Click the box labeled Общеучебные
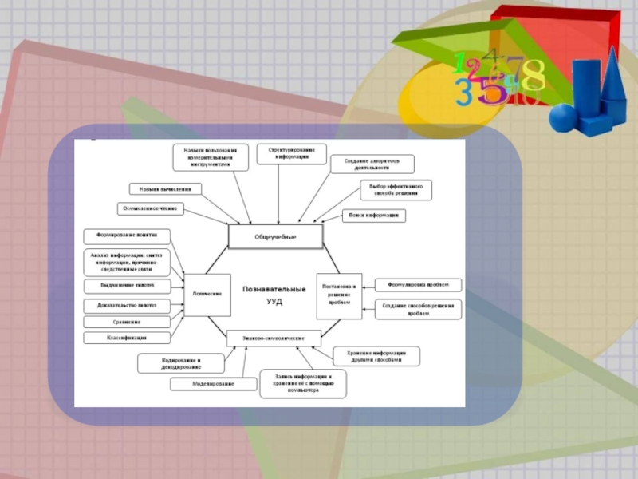pyautogui.click(x=276, y=236)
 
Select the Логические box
pyautogui.click(x=207, y=293)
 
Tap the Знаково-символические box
pyautogui.click(x=274, y=338)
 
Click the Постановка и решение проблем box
pyautogui.click(x=339, y=293)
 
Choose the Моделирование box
pyautogui.click(x=213, y=384)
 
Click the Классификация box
pyautogui.click(x=127, y=338)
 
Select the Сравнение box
pyautogui.click(x=127, y=322)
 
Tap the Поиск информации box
pyautogui.click(x=374, y=216)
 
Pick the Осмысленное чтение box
pyautogui.click(x=150, y=208)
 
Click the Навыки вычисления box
pyautogui.click(x=165, y=189)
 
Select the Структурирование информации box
pyautogui.click(x=286, y=153)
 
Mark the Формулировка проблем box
pyautogui.click(x=418, y=285)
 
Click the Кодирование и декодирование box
pyautogui.click(x=181, y=363)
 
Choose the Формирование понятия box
pyautogui.click(x=127, y=236)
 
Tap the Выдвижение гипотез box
pyautogui.click(x=127, y=285)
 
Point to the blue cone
pyautogui.click(x=615, y=76)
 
